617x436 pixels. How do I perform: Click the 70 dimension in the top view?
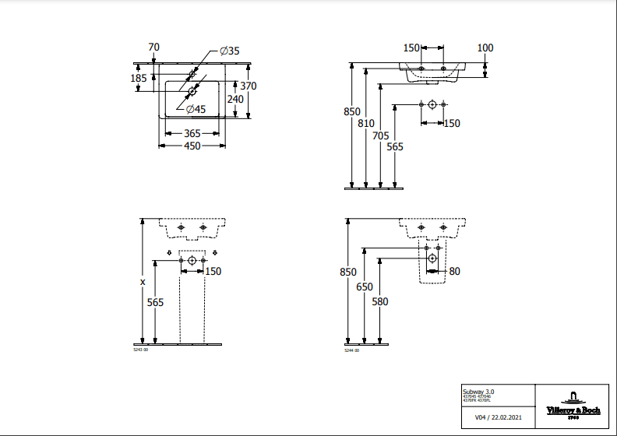(x=153, y=47)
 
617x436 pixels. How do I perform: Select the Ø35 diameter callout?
(x=229, y=51)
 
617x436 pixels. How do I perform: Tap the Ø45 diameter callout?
(x=196, y=109)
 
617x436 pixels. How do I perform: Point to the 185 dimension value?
(x=139, y=78)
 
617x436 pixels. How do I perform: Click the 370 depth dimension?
(x=249, y=86)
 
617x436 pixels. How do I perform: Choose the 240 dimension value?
(x=235, y=99)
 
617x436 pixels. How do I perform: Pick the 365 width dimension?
(x=192, y=134)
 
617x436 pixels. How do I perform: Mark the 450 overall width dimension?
(x=192, y=146)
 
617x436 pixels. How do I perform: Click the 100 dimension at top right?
(x=485, y=48)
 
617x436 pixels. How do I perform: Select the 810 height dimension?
(x=366, y=123)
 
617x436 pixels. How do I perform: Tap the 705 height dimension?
(x=380, y=135)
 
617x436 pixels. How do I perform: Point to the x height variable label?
(x=143, y=282)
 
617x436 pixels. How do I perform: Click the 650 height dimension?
(x=365, y=287)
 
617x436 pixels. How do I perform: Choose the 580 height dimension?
(x=379, y=301)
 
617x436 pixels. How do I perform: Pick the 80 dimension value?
(x=455, y=271)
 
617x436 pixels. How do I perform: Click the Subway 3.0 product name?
(x=478, y=390)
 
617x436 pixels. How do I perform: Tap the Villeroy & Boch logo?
(x=573, y=403)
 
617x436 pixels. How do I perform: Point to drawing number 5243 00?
(x=142, y=351)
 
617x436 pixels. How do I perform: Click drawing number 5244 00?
(x=352, y=351)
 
